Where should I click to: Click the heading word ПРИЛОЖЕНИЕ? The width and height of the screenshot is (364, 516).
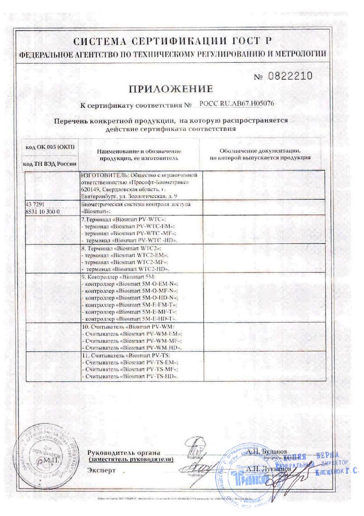[171, 89]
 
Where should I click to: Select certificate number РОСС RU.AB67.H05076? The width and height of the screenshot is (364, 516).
[237, 105]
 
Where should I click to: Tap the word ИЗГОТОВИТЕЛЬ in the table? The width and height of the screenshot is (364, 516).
[104, 175]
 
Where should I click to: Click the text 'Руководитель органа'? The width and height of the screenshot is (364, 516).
[124, 453]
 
